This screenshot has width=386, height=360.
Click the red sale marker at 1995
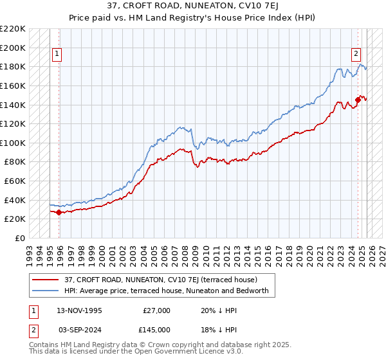coord(59,212)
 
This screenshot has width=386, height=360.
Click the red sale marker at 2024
coord(358,100)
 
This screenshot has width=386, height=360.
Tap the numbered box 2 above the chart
coord(356,55)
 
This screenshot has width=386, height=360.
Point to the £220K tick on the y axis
coord(13,29)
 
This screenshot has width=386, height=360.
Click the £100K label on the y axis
coord(13,143)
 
